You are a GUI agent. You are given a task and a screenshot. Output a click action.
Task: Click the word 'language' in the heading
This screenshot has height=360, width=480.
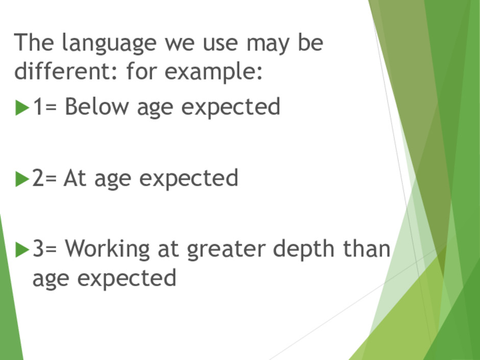pyautogui.click(x=109, y=43)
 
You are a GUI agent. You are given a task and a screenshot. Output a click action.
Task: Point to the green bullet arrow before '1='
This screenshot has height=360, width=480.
pyautogui.click(x=22, y=107)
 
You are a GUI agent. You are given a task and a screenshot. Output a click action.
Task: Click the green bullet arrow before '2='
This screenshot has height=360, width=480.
pyautogui.click(x=22, y=179)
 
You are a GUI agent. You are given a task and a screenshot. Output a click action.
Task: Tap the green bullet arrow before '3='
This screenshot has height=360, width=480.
pyautogui.click(x=22, y=250)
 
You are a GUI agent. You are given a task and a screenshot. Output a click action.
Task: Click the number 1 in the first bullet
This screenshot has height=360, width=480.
pyautogui.click(x=38, y=106)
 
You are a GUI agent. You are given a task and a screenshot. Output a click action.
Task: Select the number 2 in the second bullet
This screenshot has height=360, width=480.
pyautogui.click(x=38, y=178)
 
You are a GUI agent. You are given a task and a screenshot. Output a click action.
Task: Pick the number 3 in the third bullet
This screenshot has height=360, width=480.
pyautogui.click(x=38, y=248)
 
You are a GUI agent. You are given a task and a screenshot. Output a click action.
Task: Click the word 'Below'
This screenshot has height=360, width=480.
pyautogui.click(x=97, y=106)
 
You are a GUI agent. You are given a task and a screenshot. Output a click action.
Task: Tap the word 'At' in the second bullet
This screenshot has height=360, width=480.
pyautogui.click(x=75, y=178)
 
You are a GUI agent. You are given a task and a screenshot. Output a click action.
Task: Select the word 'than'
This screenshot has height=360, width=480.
pyautogui.click(x=367, y=248)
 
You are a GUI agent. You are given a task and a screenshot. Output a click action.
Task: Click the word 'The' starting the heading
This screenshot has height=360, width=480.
pyautogui.click(x=34, y=42)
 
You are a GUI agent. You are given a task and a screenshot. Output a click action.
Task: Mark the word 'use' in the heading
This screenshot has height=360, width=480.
pyautogui.click(x=221, y=43)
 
